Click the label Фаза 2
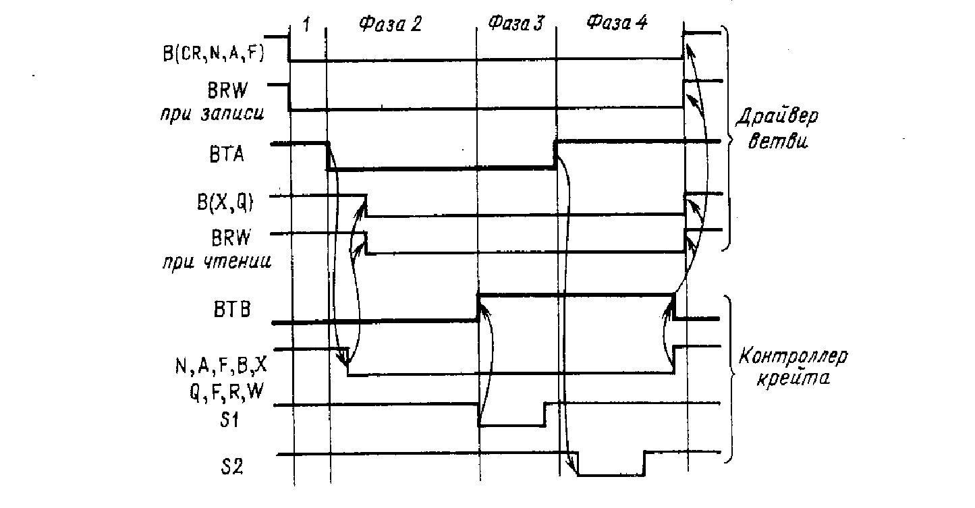click(389, 26)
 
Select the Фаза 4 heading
click(617, 24)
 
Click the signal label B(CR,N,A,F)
click(213, 56)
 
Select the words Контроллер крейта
click(783, 367)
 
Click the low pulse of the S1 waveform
click(511, 425)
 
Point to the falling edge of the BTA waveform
click(328, 157)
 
